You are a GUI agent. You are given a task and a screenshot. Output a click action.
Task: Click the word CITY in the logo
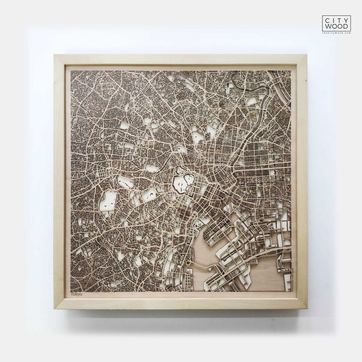tap(337, 20)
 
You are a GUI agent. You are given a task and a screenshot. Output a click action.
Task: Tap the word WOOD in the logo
tap(337, 26)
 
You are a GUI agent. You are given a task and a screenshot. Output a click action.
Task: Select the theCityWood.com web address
tap(337, 33)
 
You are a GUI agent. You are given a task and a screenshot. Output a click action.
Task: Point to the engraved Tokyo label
tap(76, 294)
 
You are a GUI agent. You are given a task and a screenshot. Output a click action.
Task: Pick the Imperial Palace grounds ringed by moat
tap(183, 184)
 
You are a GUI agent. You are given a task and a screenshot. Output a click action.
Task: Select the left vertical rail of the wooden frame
tap(60, 181)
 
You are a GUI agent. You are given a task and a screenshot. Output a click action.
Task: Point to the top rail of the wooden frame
tap(181, 60)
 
